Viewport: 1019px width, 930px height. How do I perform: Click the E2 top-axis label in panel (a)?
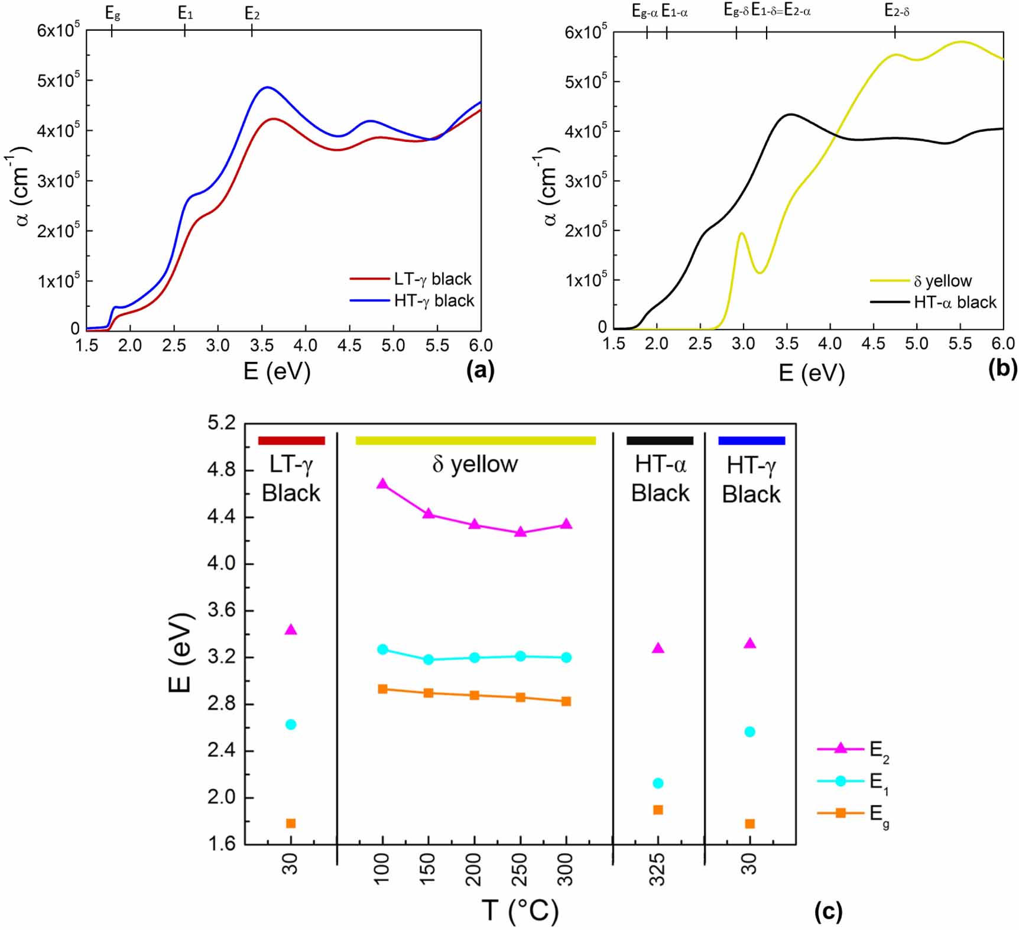[252, 14]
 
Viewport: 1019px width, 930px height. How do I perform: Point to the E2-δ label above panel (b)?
[897, 10]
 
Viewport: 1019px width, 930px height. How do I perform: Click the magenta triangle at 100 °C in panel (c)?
[382, 484]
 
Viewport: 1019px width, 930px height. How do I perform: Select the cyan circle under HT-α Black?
[658, 783]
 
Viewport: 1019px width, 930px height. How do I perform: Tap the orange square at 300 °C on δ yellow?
[566, 701]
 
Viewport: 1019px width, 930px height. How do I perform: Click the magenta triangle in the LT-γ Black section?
[291, 630]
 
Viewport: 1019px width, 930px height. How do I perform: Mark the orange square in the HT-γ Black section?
[750, 824]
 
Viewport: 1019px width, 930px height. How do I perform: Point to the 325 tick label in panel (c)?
[658, 869]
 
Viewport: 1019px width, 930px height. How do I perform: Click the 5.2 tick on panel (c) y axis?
[221, 423]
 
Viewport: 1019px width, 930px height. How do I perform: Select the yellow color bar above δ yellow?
[475, 440]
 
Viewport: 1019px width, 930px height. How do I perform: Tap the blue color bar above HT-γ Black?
[751, 440]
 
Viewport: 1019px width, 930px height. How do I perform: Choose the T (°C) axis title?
[520, 910]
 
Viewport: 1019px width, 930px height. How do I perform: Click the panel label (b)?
[1002, 369]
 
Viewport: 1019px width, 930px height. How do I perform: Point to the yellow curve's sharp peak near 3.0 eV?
[741, 233]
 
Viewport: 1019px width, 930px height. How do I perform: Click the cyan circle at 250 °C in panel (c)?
[520, 656]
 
